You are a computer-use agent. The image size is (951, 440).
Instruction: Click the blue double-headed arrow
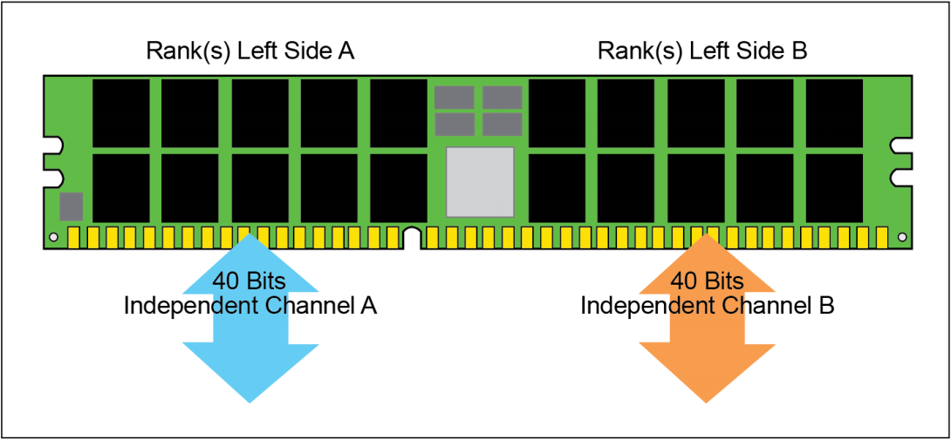[x=250, y=318]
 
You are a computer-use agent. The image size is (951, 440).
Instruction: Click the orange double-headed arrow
[x=708, y=318]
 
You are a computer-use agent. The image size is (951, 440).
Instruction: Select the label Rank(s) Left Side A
[x=250, y=51]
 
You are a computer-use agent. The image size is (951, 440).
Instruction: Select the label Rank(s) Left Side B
[x=702, y=51]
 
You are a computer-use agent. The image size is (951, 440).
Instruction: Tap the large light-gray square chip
[x=480, y=182]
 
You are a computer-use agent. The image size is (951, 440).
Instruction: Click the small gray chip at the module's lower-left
[x=71, y=206]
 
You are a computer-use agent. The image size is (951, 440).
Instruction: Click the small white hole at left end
[x=53, y=237]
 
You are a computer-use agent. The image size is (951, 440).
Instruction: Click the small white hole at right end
[x=902, y=236]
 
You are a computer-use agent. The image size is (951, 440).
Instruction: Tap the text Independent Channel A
[x=250, y=306]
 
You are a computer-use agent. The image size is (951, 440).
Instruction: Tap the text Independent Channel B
[x=708, y=306]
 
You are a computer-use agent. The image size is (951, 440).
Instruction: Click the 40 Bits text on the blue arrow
[x=250, y=281]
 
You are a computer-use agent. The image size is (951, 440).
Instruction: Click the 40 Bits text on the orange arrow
[x=707, y=281]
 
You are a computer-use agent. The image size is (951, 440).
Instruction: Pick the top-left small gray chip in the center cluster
[x=455, y=97]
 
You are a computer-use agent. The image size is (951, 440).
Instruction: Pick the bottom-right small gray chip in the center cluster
[x=503, y=124]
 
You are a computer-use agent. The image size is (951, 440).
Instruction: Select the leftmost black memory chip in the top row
[x=120, y=113]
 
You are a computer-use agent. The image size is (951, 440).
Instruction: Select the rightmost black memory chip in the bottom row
[x=834, y=188]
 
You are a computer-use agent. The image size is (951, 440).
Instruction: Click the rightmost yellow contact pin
[x=881, y=238]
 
